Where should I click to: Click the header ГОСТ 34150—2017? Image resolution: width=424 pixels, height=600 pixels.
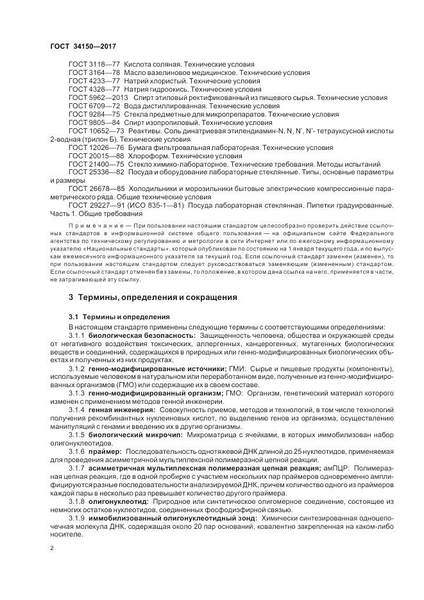coord(78,47)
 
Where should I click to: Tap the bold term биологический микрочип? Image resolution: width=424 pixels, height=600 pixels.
coord(131,434)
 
